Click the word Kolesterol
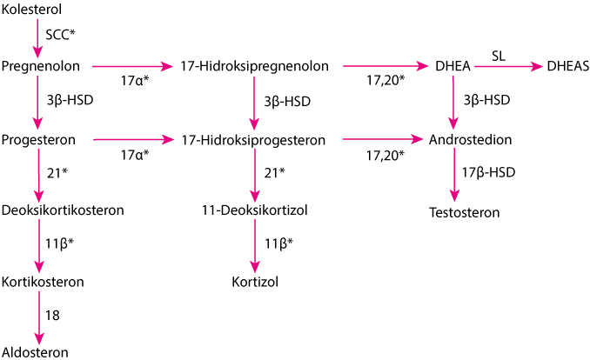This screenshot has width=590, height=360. click(31, 10)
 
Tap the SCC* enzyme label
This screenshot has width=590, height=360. click(60, 35)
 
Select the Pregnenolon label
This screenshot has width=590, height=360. click(41, 66)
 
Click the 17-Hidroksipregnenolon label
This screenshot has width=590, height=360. click(254, 66)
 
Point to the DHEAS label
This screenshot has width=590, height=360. click(567, 66)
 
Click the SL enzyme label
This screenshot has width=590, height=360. click(498, 56)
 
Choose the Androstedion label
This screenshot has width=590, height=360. click(470, 139)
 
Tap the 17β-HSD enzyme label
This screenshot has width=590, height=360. click(488, 172)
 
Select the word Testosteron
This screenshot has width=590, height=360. click(465, 212)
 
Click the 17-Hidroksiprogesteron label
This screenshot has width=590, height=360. click(253, 140)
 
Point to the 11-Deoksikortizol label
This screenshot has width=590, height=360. click(255, 210)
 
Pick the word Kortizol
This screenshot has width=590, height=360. click(255, 282)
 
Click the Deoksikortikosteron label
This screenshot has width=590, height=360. click(63, 210)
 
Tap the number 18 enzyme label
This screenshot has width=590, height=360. click(53, 316)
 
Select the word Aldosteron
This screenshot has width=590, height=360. click(35, 352)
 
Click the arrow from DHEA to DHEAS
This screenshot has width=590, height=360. click(508, 67)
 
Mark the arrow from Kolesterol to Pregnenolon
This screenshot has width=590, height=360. click(37, 38)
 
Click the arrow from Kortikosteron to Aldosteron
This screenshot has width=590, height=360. click(39, 317)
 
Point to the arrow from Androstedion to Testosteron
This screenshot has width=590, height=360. click(454, 175)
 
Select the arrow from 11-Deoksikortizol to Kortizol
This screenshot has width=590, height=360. click(255, 245)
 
